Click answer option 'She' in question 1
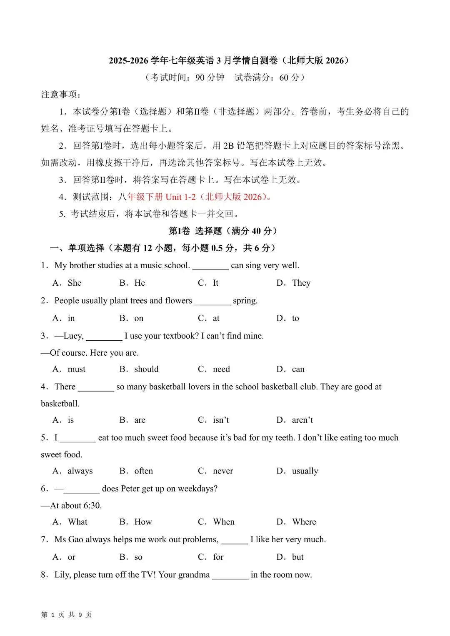click(75, 283)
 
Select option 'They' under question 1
click(301, 283)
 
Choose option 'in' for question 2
click(71, 319)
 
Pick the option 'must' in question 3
click(76, 369)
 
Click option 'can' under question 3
click(298, 369)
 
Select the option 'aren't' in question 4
click(302, 420)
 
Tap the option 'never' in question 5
click(223, 471)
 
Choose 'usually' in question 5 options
click(305, 471)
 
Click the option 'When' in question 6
click(224, 522)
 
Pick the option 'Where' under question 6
click(304, 522)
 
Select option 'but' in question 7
click(297, 557)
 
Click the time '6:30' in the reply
click(92, 506)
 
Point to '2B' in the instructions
click(228, 146)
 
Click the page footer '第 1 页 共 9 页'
click(67, 615)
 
